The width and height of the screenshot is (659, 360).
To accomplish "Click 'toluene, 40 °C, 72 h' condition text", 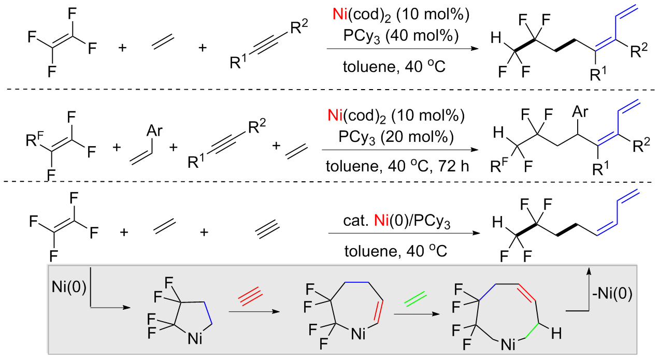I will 398,166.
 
